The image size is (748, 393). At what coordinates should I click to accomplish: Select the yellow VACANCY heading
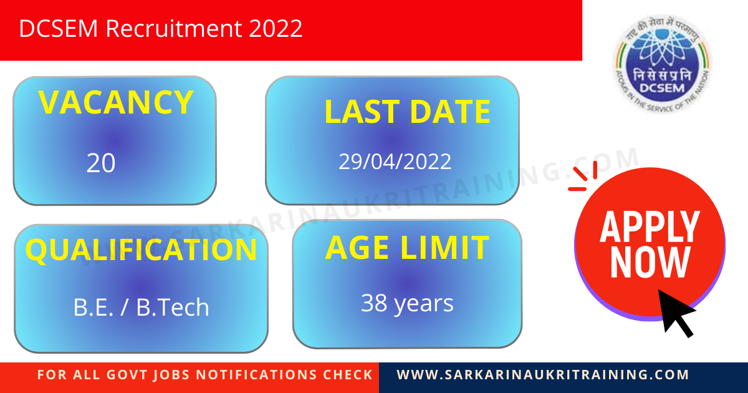point(116,103)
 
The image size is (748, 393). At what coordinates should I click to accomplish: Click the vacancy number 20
point(101,163)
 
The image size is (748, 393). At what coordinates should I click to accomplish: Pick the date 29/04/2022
point(395,162)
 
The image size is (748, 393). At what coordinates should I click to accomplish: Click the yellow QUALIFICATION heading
point(141,250)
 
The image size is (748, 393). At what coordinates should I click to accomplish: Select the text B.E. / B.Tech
point(141,308)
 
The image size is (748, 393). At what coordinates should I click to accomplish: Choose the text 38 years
point(407,304)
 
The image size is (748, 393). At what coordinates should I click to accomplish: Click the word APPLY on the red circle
point(650,227)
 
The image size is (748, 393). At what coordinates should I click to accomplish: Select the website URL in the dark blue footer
point(543,375)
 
